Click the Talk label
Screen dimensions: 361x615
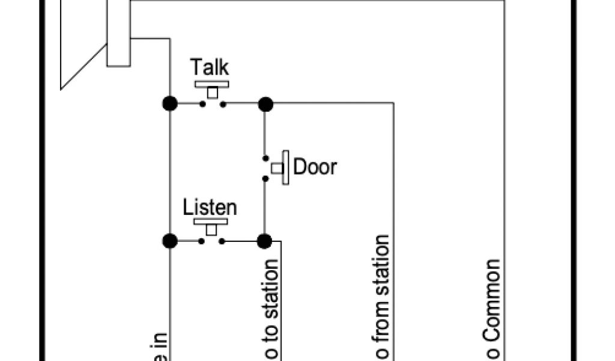click(210, 67)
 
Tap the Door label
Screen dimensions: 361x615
click(315, 166)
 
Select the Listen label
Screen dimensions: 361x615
click(210, 208)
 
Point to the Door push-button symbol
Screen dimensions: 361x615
click(281, 168)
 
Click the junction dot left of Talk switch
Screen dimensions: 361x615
click(170, 103)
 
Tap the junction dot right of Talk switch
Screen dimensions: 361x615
click(265, 104)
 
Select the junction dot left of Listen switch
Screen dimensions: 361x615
click(170, 241)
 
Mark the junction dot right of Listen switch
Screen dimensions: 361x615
click(264, 241)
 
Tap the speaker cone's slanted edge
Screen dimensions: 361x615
click(84, 66)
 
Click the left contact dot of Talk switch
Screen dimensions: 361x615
click(202, 104)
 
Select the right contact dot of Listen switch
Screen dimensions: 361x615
click(222, 241)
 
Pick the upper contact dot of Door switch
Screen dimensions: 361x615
click(265, 159)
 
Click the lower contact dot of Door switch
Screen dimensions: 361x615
click(265, 177)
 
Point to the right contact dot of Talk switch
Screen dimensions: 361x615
click(223, 104)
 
